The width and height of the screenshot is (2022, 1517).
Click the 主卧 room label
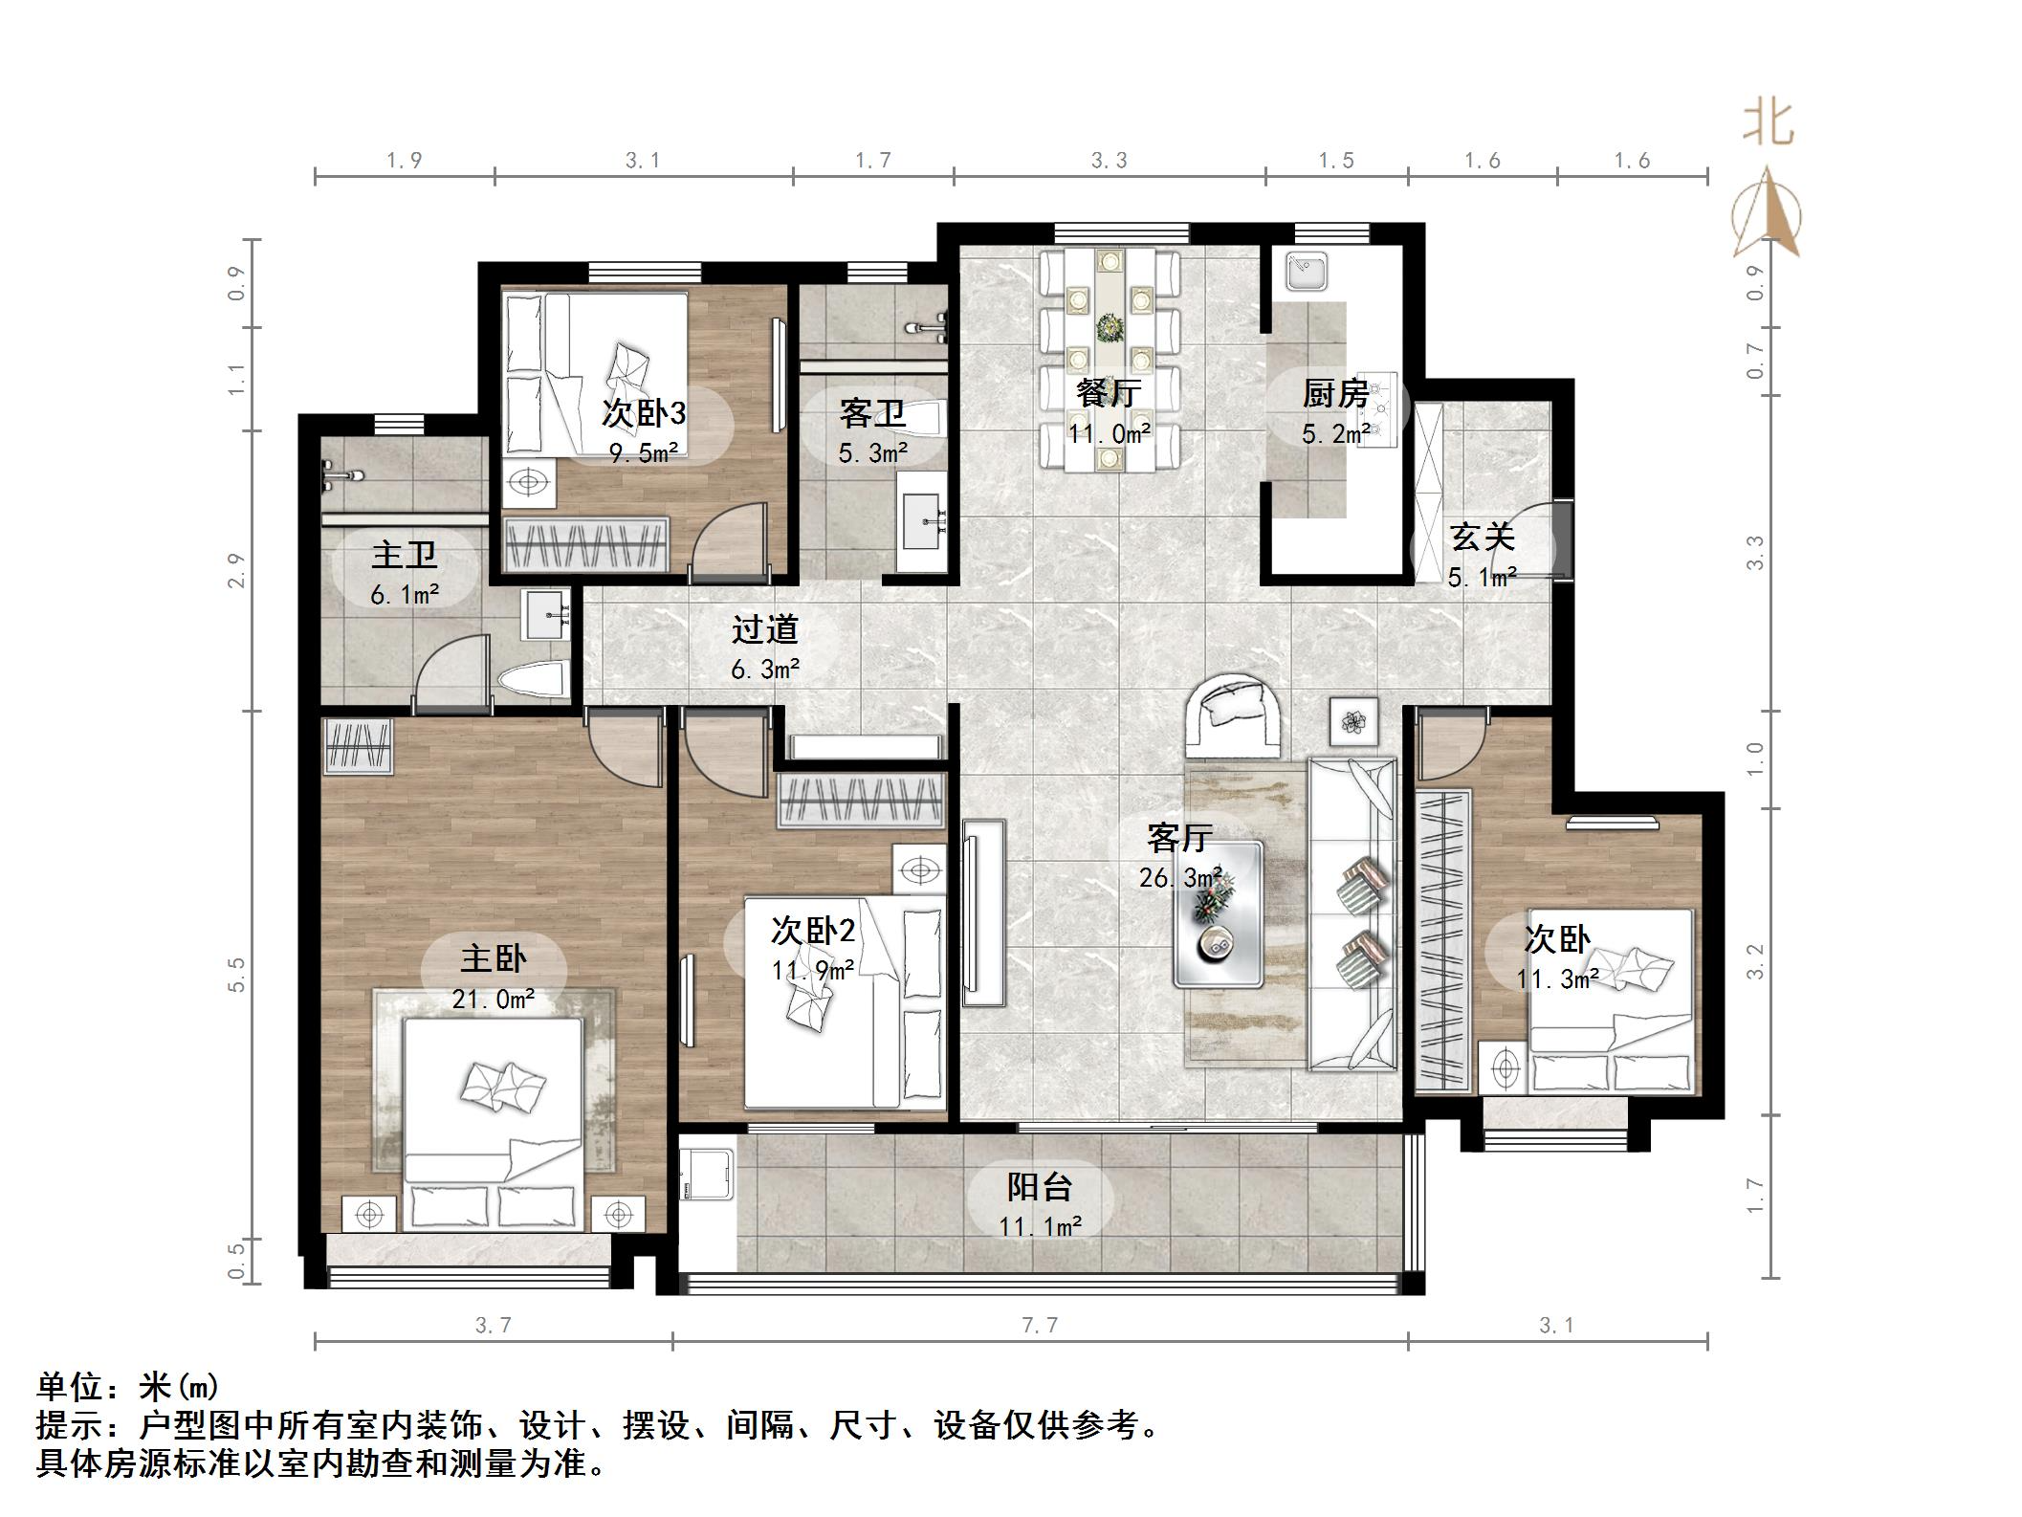coord(494,958)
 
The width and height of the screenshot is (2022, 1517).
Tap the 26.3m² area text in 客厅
coord(1179,877)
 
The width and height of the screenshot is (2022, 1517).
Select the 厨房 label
coord(1335,393)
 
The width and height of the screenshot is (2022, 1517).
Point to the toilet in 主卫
coord(532,681)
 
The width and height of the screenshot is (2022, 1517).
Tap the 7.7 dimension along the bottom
coord(1040,1326)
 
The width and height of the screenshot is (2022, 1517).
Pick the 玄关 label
coord(1482,537)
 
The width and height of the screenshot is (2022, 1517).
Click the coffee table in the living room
coord(1218,913)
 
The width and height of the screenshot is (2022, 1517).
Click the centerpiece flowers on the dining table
coord(1110,329)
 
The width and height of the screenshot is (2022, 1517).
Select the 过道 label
coord(764,629)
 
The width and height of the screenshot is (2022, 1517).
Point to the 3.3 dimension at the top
coord(1110,161)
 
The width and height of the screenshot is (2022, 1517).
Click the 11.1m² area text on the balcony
coord(1040,1226)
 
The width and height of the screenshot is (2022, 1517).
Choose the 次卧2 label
coord(812,930)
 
